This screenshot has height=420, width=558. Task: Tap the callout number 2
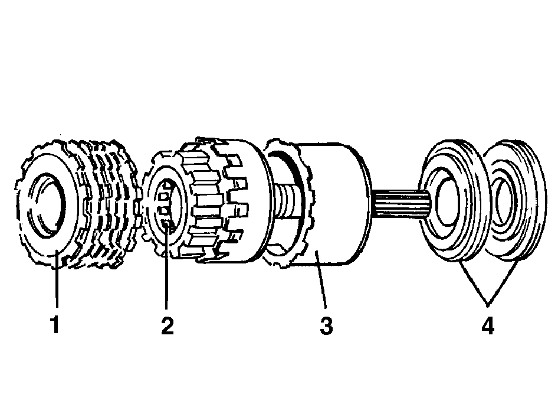168,325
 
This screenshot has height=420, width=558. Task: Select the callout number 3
326,325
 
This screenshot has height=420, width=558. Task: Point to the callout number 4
488,325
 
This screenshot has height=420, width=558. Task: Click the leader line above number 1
56,278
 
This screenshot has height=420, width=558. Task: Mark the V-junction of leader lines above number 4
488,305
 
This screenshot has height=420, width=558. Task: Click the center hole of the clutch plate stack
48,206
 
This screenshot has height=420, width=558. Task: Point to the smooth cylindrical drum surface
338,203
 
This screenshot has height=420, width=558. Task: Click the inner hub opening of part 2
166,206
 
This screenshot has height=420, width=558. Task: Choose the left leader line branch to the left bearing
473,284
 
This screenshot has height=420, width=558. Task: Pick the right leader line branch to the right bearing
503,284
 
